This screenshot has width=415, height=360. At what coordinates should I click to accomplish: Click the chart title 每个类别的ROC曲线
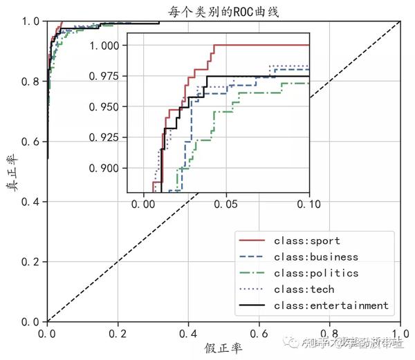click(223, 10)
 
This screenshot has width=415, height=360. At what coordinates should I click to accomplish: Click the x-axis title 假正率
click(223, 348)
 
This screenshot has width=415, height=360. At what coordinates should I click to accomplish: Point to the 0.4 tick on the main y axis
click(30, 202)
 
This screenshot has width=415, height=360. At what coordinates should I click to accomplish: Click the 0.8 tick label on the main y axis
click(30, 82)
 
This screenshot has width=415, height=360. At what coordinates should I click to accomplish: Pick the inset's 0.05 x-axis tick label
click(226, 205)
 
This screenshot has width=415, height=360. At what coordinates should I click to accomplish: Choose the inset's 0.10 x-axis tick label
click(308, 205)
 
